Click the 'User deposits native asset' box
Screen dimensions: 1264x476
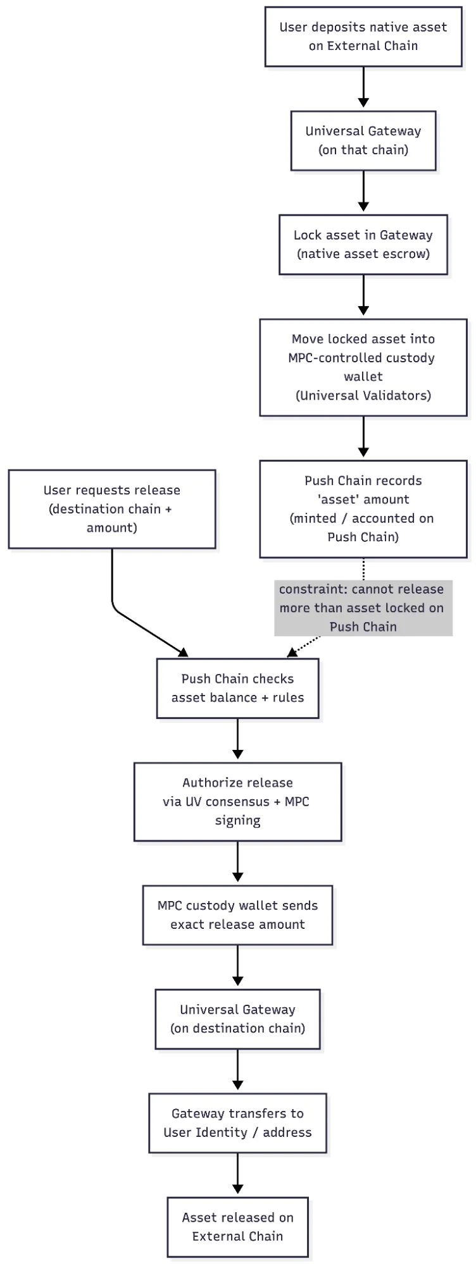coord(363,37)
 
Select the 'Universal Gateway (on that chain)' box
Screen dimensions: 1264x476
coord(363,140)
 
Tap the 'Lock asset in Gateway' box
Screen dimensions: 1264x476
coord(363,244)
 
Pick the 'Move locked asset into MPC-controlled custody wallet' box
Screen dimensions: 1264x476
coord(363,367)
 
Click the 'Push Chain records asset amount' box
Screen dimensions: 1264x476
coord(363,508)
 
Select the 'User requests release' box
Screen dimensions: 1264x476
coord(111,508)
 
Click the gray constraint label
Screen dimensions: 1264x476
coord(363,608)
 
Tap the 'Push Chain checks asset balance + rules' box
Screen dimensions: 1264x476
coord(237,688)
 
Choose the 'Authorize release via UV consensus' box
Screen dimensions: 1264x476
coord(237,801)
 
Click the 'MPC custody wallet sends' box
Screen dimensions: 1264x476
coord(237,914)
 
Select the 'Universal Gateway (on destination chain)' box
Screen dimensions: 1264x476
coord(237,1019)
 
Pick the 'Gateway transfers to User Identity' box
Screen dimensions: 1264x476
coord(237,1122)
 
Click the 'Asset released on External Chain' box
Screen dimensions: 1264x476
coord(237,1226)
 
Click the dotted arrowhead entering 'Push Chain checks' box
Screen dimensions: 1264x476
coord(292,653)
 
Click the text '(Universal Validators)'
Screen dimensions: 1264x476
coord(363,395)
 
